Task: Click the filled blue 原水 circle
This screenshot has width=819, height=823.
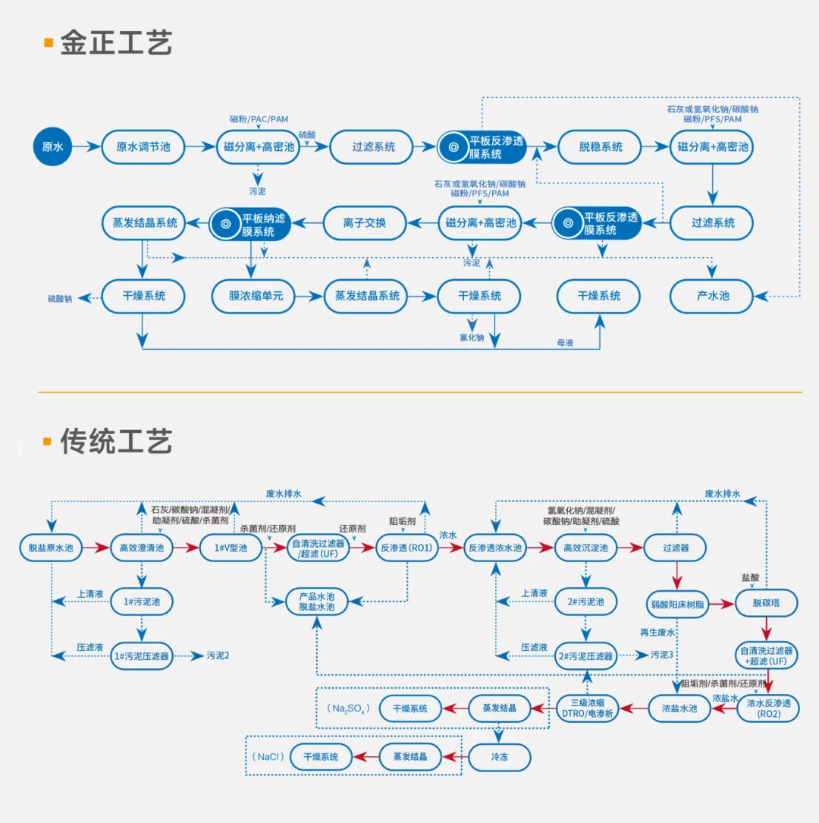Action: click(x=52, y=146)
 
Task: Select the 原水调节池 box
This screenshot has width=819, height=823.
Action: click(x=143, y=146)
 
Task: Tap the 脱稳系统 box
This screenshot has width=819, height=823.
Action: click(x=600, y=146)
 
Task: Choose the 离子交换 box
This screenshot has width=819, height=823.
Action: click(x=364, y=223)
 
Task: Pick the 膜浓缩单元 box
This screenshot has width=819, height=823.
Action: click(x=256, y=296)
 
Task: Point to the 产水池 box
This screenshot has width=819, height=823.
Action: click(x=711, y=296)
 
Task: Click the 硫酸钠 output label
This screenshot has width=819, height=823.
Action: click(x=60, y=299)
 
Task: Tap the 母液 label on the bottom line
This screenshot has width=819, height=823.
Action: click(x=565, y=343)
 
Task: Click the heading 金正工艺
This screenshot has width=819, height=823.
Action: click(x=116, y=43)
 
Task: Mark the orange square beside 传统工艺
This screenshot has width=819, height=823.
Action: click(x=48, y=441)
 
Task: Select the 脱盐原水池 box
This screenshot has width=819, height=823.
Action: click(x=51, y=548)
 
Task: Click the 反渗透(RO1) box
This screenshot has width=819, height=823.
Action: click(x=407, y=548)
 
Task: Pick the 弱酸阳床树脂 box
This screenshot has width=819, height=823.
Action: click(x=677, y=605)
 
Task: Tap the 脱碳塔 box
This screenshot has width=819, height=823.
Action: click(x=766, y=605)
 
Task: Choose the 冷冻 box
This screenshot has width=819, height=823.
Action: click(x=499, y=757)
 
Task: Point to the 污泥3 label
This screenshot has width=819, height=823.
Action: click(x=661, y=655)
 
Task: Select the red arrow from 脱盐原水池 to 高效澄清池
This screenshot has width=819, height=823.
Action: click(x=96, y=548)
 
